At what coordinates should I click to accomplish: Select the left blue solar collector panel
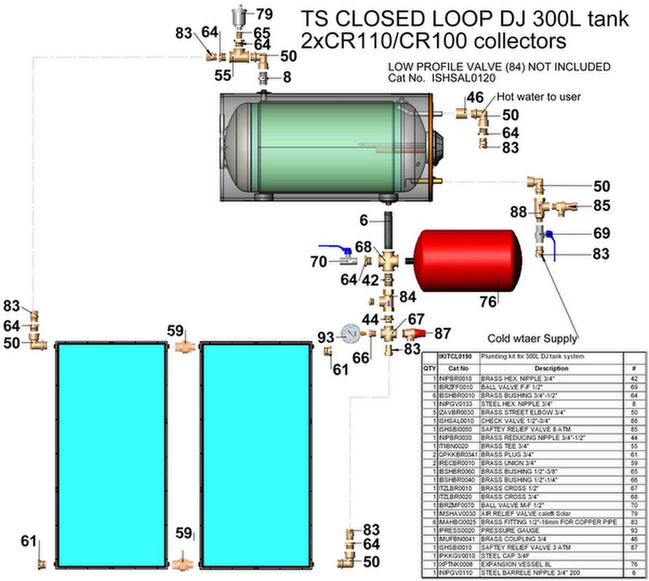click(110, 454)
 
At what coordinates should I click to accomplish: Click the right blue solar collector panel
click(253, 454)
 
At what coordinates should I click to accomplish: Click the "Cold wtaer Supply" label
click(532, 338)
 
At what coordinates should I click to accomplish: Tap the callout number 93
click(325, 337)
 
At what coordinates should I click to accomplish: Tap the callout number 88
click(518, 213)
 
